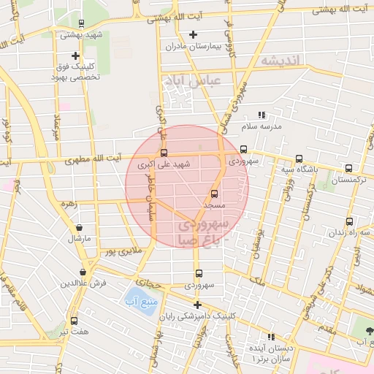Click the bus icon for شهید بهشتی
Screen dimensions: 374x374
click(x=81, y=23)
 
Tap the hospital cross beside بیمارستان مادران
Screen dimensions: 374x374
click(x=193, y=34)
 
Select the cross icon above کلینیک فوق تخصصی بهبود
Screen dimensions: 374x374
click(x=75, y=56)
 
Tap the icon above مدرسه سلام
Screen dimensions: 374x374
click(x=262, y=115)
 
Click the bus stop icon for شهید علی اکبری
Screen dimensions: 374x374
click(x=163, y=153)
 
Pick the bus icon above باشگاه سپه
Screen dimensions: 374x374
click(x=298, y=159)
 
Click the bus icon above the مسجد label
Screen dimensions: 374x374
click(x=214, y=194)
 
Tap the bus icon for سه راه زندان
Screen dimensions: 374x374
click(x=349, y=221)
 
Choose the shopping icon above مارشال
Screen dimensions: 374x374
click(x=79, y=227)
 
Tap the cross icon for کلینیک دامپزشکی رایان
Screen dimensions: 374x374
click(x=196, y=305)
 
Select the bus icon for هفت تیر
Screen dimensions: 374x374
click(x=74, y=321)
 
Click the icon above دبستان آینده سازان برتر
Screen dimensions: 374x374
click(x=272, y=337)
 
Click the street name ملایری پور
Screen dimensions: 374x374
click(x=121, y=252)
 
